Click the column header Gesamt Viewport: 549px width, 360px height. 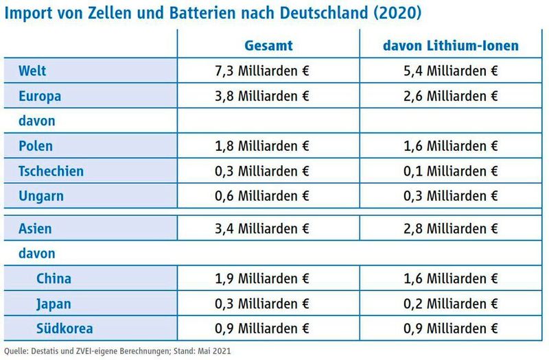[269, 46]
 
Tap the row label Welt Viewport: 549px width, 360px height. [33, 71]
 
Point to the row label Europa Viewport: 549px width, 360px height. [40, 96]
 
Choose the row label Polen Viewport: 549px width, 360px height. [36, 146]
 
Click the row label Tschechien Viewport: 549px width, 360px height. [51, 171]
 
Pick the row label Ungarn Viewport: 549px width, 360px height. [41, 196]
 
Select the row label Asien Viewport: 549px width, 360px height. [36, 228]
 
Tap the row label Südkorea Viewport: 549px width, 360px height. [66, 328]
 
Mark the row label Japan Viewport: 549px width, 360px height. [54, 304]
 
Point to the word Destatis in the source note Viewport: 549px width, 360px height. [43, 351]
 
